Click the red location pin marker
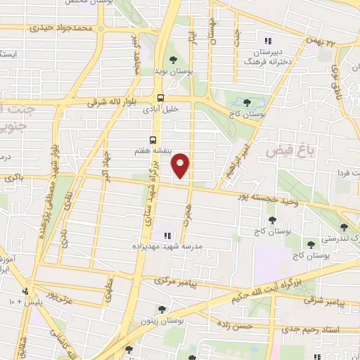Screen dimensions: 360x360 coord(181,165)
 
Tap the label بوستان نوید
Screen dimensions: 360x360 coord(172,72)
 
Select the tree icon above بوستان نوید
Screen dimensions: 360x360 coord(173,60)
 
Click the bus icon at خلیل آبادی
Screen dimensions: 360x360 coord(161,98)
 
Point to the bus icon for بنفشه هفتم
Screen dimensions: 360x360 coord(154,139)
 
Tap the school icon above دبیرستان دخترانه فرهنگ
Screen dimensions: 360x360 coord(267,39)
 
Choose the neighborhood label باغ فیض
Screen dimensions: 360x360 coord(287,150)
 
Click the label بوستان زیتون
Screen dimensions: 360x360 coord(163,321)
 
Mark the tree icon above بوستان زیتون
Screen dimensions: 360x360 coord(162,309)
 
